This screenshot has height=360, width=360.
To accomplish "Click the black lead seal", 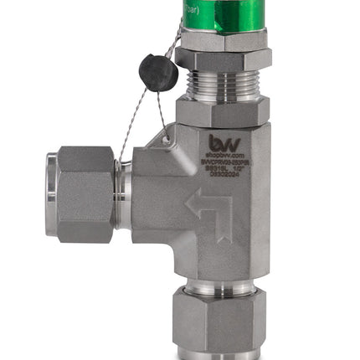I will [x=158, y=72].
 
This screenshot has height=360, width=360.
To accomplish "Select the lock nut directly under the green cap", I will [x=224, y=42].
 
